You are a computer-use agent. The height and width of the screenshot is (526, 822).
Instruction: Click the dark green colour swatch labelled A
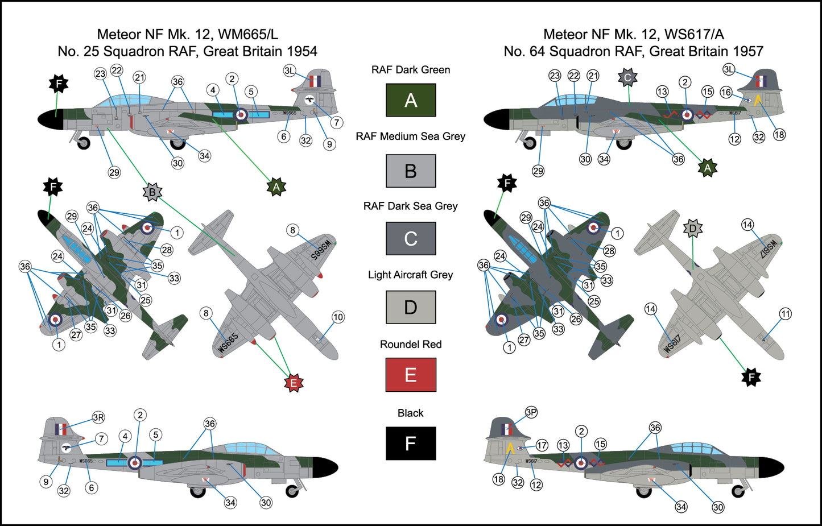pyautogui.click(x=410, y=100)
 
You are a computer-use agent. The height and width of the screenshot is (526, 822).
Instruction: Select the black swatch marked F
pyautogui.click(x=410, y=443)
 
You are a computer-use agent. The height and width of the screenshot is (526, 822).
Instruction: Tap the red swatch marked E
pyautogui.click(x=410, y=375)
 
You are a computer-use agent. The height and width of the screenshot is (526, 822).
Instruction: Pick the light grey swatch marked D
pyautogui.click(x=410, y=307)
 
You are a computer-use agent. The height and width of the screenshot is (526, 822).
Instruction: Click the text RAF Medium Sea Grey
pyautogui.click(x=410, y=136)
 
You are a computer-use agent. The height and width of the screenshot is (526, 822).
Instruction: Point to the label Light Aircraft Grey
pyautogui.click(x=410, y=275)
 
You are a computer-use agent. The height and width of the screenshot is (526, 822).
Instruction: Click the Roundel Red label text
pyautogui.click(x=410, y=344)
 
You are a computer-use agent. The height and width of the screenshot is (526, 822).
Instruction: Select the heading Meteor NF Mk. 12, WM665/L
pyautogui.click(x=187, y=34)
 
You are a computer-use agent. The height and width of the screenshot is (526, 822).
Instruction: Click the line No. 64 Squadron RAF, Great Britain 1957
pyautogui.click(x=633, y=52)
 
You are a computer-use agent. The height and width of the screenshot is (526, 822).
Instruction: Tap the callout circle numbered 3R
pyautogui.click(x=98, y=417)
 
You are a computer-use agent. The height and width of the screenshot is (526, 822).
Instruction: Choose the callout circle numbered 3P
pyautogui.click(x=531, y=412)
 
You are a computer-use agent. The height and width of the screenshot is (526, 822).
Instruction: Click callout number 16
pyautogui.click(x=726, y=92)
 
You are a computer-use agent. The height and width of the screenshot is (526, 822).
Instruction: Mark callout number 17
pyautogui.click(x=542, y=446)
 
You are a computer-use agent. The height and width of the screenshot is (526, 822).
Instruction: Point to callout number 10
pyautogui.click(x=338, y=317)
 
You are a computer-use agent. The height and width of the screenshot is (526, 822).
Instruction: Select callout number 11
pyautogui.click(x=785, y=314)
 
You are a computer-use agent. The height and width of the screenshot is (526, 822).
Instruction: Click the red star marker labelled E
pyautogui.click(x=294, y=383)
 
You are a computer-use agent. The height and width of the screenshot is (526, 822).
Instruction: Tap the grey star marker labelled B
pyautogui.click(x=152, y=192)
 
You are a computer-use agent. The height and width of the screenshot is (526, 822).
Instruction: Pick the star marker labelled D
pyautogui.click(x=692, y=229)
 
